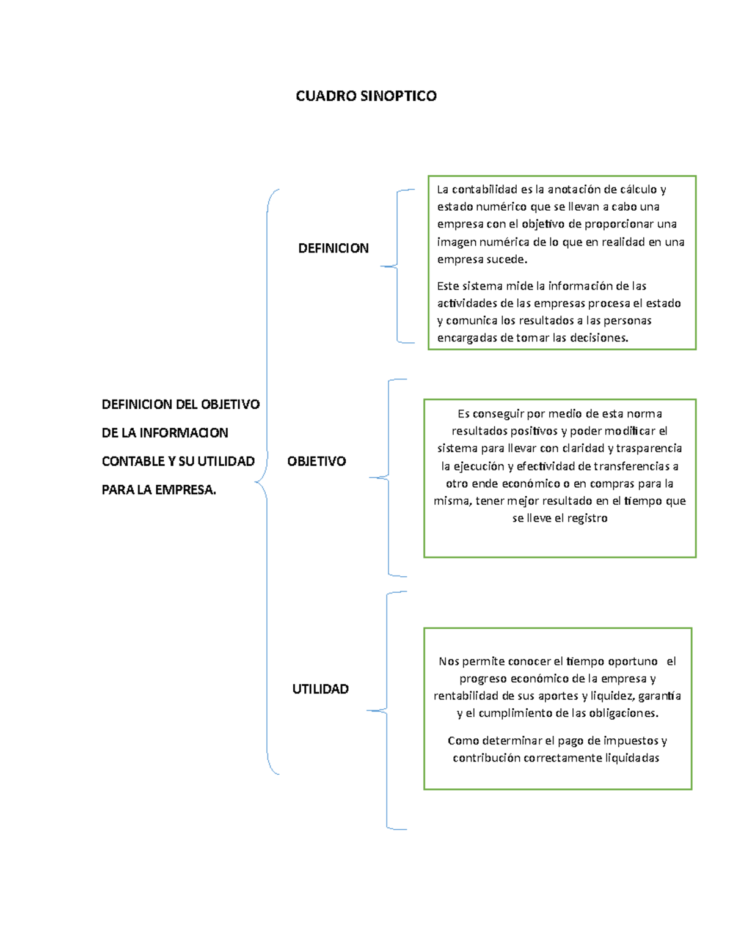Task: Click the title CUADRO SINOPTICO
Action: click(366, 96)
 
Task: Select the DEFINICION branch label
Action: click(333, 248)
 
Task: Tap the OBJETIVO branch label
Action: click(316, 461)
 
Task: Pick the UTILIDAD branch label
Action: click(320, 689)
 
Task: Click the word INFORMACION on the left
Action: click(183, 433)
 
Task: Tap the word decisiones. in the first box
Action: click(599, 338)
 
